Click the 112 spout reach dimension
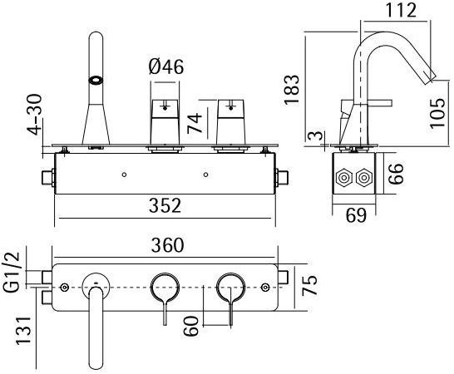pos(405,11)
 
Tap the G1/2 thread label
pos(10,273)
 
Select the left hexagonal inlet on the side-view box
pos(343,178)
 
